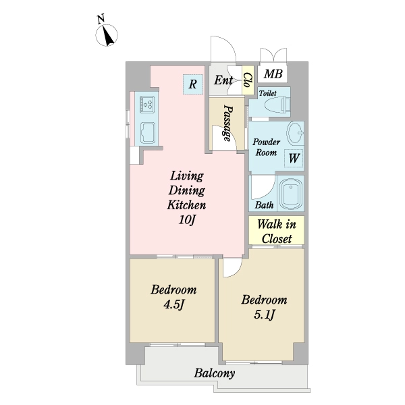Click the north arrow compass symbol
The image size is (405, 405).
(x=107, y=35)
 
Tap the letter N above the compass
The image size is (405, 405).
(x=101, y=20)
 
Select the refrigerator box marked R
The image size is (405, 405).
(x=193, y=84)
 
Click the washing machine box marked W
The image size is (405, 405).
(x=294, y=158)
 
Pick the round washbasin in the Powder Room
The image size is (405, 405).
(x=295, y=133)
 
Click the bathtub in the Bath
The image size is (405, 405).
(x=290, y=194)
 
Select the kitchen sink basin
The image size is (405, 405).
(x=147, y=133)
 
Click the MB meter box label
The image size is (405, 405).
(x=273, y=74)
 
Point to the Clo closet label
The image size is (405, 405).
(x=248, y=80)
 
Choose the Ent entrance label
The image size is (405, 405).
(x=223, y=80)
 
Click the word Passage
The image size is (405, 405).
(x=227, y=123)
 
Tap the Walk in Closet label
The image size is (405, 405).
(x=277, y=232)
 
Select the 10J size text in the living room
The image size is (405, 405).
(x=186, y=220)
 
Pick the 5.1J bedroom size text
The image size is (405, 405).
(x=264, y=315)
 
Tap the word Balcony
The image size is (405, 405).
(x=215, y=373)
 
